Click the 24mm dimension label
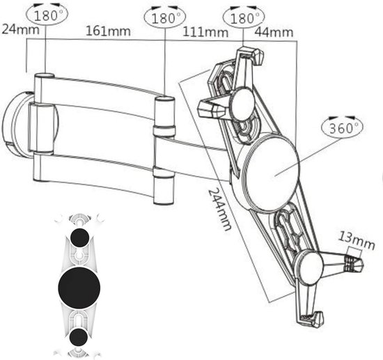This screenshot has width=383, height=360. (x=20, y=29)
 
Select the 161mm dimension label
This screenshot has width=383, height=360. (x=108, y=31)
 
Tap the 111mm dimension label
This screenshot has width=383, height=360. (x=205, y=32)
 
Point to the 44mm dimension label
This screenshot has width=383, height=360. (x=274, y=32)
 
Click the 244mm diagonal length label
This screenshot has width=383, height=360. (x=219, y=210)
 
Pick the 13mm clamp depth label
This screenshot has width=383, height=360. (x=357, y=241)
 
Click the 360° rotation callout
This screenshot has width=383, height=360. (x=342, y=127)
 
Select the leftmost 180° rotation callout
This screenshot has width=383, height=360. (x=47, y=15)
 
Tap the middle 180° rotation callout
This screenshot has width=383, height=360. (x=165, y=18)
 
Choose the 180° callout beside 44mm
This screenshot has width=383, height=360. (x=244, y=18)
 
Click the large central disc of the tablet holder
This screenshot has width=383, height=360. (x=271, y=173)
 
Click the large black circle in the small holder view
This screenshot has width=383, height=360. (x=79, y=288)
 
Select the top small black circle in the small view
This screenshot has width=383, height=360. (x=79, y=237)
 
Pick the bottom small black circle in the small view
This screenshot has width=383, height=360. (x=79, y=337)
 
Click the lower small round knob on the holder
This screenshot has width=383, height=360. (x=309, y=268)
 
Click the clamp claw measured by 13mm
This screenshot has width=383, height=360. (x=354, y=263)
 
